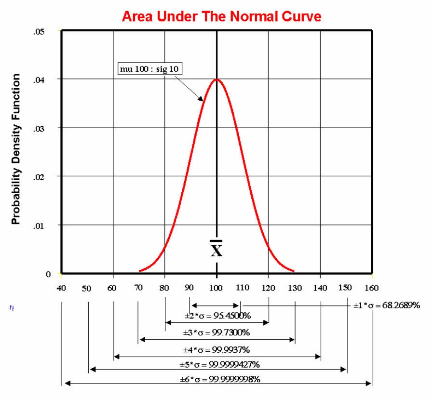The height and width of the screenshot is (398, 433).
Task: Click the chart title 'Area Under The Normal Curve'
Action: point(221,16)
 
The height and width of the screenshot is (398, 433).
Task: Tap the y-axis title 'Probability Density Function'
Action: point(16,149)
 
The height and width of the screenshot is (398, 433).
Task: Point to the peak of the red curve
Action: point(217,79)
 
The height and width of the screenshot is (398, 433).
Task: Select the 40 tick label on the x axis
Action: point(61,289)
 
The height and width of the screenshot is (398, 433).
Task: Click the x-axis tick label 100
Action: point(217,288)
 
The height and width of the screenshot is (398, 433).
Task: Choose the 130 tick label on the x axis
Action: point(295,288)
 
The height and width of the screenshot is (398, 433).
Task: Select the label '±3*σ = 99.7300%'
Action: point(216,332)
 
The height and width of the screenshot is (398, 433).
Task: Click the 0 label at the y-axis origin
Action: point(49,274)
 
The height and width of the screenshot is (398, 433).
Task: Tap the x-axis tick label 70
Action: point(139,288)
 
